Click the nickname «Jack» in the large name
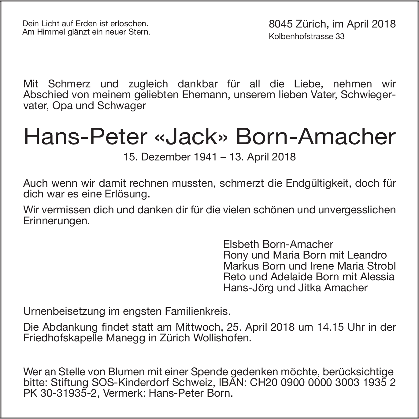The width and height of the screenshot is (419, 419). click(x=191, y=137)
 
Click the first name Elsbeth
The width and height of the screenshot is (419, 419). click(x=242, y=244)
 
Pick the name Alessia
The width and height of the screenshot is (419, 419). click(x=377, y=277)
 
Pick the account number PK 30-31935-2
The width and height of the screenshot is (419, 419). click(x=60, y=393)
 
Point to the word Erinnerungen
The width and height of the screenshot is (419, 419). click(x=57, y=221)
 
